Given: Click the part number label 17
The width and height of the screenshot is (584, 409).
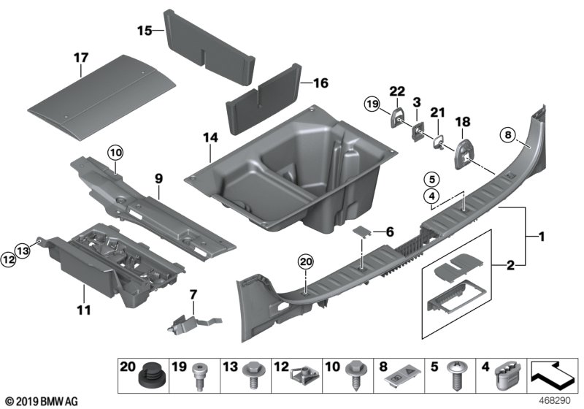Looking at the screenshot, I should click(80, 56).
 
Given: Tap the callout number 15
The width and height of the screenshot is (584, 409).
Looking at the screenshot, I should click(145, 31).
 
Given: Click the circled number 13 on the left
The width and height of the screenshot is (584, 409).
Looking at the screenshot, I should click(23, 250).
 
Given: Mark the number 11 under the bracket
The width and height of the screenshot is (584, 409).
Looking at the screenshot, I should click(85, 310).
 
